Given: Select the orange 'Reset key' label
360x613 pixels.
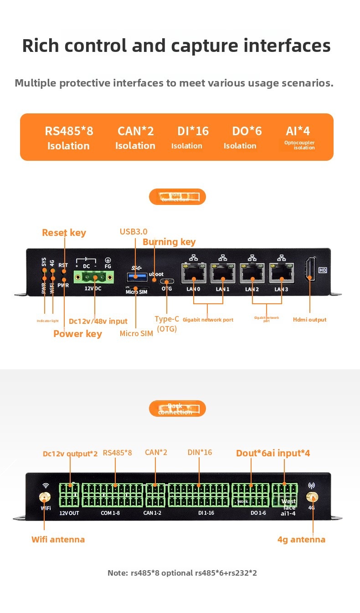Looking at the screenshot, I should (64, 233).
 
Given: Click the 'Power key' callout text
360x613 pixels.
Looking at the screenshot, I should (77, 334).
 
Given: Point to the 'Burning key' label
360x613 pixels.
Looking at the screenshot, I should (169, 242).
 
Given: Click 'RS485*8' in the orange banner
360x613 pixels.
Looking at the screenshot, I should (69, 131).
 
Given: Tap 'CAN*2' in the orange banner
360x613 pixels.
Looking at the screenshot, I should (135, 131).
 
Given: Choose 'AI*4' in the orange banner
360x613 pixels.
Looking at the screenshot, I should (298, 131).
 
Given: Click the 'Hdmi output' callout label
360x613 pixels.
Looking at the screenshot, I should (309, 320).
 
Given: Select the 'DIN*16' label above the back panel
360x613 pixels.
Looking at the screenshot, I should (200, 452).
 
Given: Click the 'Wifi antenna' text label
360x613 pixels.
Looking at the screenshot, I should (58, 540).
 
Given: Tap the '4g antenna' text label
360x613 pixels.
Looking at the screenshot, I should (301, 540).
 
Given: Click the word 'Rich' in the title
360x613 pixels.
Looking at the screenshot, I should (41, 46).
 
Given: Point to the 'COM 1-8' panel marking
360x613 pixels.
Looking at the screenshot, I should (110, 513).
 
